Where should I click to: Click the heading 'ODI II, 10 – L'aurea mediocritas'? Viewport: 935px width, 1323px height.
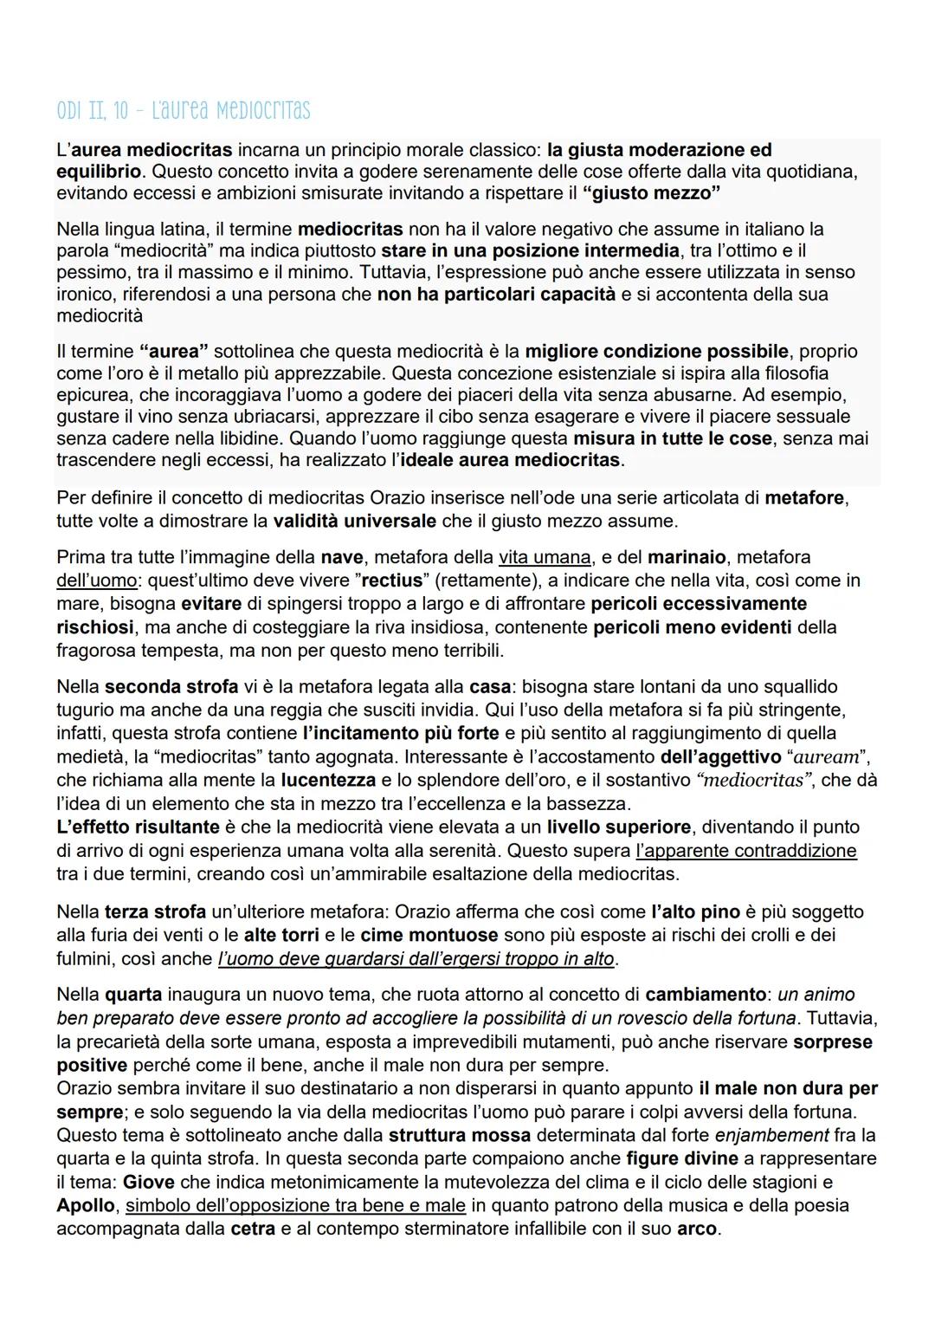(183, 112)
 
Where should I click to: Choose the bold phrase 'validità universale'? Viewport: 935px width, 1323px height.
(354, 521)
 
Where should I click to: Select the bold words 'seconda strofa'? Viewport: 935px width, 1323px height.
(171, 687)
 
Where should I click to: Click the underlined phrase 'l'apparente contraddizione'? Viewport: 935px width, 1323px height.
(745, 851)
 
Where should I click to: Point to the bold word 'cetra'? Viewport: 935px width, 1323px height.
(253, 1229)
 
